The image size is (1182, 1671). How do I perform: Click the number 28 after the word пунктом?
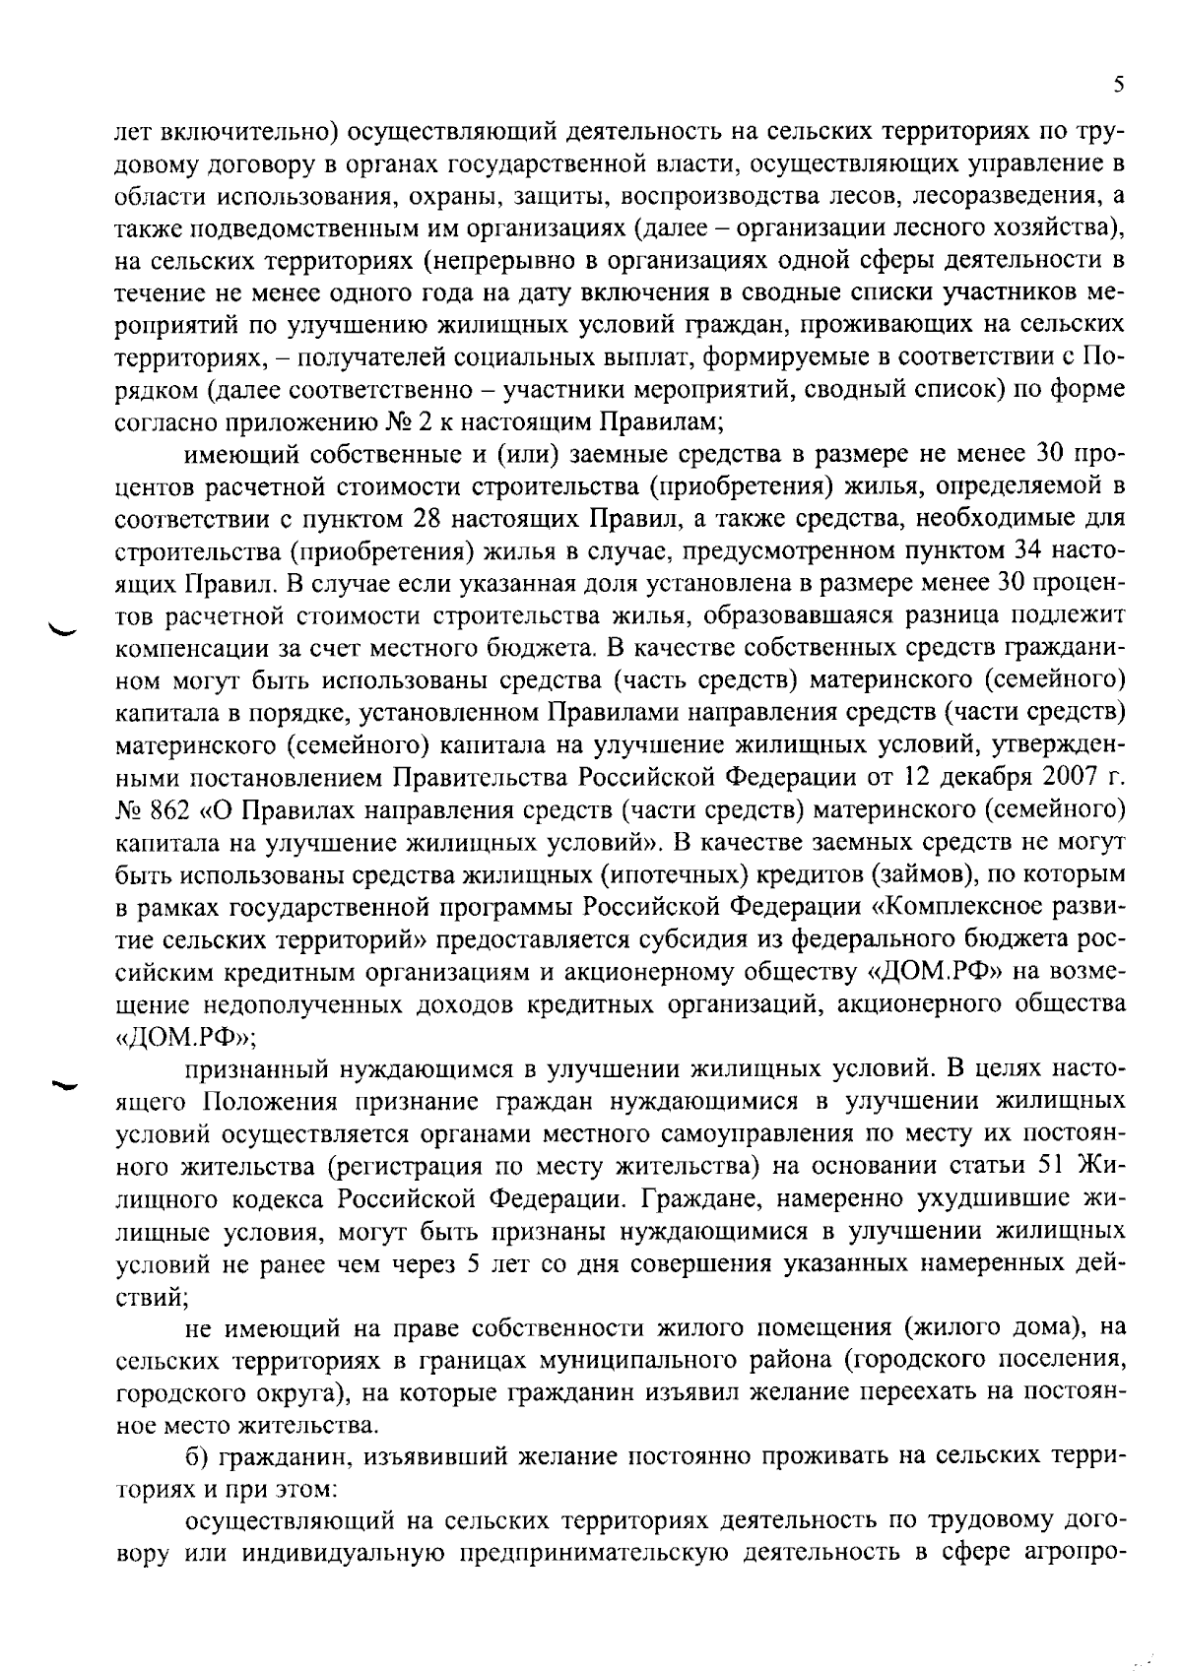(x=437, y=517)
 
